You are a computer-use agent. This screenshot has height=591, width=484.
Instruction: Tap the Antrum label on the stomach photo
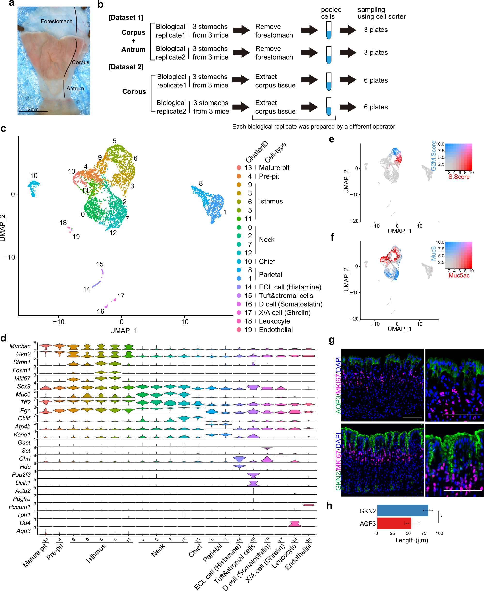pos(75,88)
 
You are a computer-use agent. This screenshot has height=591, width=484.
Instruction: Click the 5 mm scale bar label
pos(33,109)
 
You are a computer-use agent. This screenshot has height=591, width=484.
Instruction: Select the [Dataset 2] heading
pos(126,67)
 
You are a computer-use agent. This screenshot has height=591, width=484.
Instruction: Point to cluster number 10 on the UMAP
pos(34,176)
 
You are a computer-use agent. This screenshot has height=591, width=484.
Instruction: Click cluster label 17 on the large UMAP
pos(120,296)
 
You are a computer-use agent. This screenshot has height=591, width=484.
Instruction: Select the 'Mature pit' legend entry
pos(274,168)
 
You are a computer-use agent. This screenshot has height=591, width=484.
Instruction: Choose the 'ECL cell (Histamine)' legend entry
pos(290,287)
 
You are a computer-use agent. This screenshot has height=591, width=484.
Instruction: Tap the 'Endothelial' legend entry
pos(276,330)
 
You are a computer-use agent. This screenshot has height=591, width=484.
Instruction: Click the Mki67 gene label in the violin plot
pos(22,378)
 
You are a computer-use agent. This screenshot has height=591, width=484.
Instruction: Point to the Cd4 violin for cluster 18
pos(294,524)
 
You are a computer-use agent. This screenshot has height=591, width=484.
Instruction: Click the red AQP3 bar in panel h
pos(394,524)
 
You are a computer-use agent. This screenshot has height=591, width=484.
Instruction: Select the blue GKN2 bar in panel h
pos(402,511)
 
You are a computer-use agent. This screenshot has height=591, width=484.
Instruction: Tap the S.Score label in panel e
pos(459,177)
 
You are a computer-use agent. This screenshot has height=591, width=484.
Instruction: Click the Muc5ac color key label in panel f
pos(459,275)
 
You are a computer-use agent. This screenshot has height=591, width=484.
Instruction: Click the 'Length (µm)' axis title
pos(412,540)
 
